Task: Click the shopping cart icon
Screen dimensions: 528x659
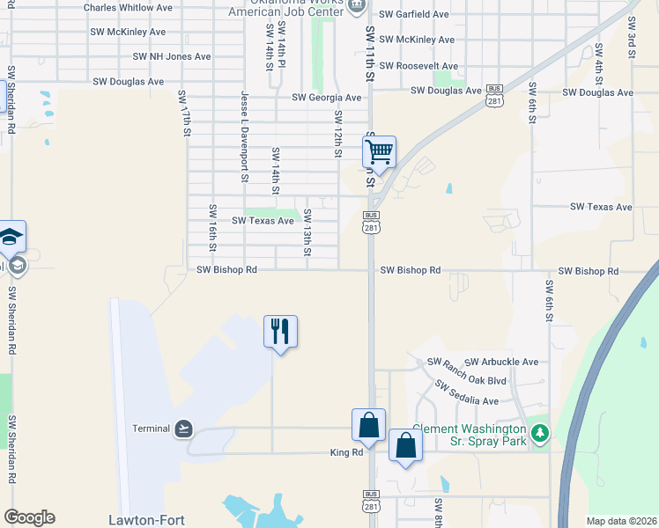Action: tap(379, 152)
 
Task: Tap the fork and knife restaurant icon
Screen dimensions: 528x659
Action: tap(280, 332)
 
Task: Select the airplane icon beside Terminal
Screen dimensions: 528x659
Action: tap(183, 429)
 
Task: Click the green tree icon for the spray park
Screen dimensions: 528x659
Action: tap(540, 434)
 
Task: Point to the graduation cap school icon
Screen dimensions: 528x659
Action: tap(11, 237)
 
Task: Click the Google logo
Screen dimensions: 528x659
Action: tap(29, 517)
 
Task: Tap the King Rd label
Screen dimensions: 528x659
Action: tap(346, 452)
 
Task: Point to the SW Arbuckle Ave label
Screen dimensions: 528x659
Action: tap(501, 362)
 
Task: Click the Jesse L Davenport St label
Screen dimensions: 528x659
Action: tap(244, 135)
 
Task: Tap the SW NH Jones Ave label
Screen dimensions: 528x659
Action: tap(172, 56)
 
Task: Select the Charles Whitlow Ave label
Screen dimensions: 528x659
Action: tap(128, 7)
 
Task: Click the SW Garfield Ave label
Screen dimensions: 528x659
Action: tap(414, 15)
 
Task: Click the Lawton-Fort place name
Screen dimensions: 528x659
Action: tap(146, 520)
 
